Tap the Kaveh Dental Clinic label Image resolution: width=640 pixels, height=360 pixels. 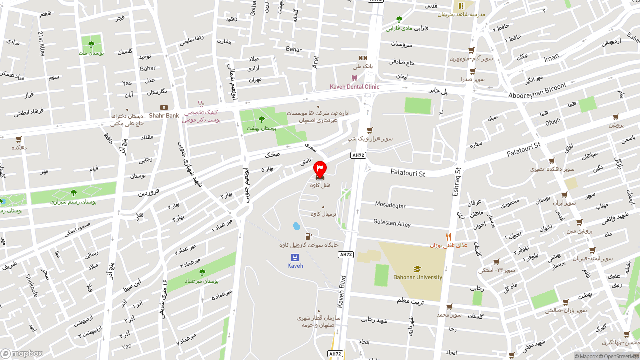(354, 87)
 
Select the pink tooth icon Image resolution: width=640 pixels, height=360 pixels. (354, 78)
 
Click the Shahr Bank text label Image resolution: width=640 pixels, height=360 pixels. (164, 116)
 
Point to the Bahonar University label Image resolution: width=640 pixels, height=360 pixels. (417, 277)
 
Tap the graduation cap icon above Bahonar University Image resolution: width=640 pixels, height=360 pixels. (417, 269)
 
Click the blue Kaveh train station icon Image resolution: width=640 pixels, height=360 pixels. (295, 257)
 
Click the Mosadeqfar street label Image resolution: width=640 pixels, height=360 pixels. (391, 205)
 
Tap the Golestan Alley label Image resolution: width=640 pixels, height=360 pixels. (392, 223)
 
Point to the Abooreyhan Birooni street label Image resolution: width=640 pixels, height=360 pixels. (537, 91)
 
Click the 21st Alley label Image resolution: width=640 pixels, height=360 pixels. (42, 42)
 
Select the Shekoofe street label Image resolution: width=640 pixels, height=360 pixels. (32, 285)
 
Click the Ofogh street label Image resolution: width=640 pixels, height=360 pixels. (553, 121)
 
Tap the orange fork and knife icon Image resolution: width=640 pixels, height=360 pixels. (449, 237)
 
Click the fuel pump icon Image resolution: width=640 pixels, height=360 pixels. (309, 236)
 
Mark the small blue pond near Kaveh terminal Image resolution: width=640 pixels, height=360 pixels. (297, 226)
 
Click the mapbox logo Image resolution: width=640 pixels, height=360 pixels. (21, 353)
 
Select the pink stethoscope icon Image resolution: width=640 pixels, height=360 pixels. (201, 104)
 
